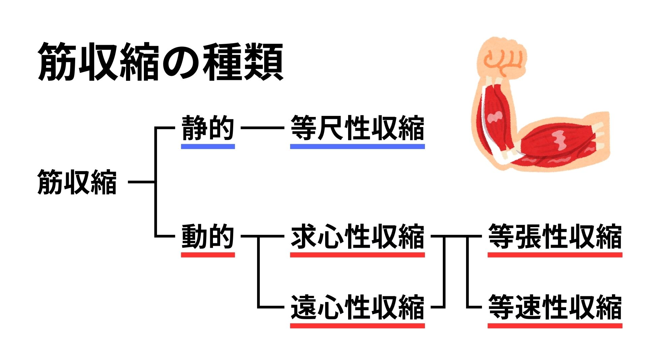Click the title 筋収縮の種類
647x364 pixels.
point(160,62)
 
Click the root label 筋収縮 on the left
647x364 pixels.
point(77,182)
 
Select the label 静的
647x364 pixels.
point(208,128)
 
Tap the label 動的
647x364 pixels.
point(208,236)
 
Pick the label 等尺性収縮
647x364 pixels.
point(357,128)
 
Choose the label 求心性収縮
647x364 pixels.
point(357,236)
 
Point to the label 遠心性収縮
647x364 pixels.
point(357,307)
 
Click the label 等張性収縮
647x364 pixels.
point(555,236)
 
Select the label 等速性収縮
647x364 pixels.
point(555,307)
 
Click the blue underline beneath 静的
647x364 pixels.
point(208,147)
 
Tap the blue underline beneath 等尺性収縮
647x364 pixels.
point(357,147)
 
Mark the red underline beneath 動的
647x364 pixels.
point(208,255)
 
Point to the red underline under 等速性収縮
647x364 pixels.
point(555,326)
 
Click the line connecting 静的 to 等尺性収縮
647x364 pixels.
point(263,128)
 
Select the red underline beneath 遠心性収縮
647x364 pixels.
point(357,326)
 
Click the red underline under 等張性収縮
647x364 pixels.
point(555,255)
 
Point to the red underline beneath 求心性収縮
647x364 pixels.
point(357,255)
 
